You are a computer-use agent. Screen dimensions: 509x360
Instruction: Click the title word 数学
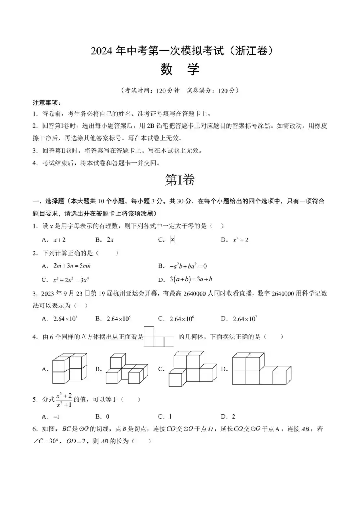click(x=180, y=69)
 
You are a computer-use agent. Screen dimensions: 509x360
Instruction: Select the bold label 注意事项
click(x=47, y=103)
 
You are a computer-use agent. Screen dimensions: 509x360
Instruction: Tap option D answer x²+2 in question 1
click(x=240, y=240)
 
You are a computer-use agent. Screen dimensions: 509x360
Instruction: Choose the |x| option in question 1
click(x=172, y=240)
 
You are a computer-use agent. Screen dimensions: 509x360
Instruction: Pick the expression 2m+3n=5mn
click(x=72, y=266)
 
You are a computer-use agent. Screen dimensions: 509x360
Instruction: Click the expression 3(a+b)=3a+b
click(x=191, y=279)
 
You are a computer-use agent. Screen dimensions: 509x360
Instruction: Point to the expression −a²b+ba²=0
click(x=188, y=266)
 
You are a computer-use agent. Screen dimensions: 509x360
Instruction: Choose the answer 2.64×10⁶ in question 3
click(x=182, y=319)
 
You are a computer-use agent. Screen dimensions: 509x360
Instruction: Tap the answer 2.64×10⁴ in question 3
click(x=65, y=319)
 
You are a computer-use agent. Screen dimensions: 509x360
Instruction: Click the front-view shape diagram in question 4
click(x=159, y=337)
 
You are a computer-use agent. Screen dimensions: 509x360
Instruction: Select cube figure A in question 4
click(x=69, y=368)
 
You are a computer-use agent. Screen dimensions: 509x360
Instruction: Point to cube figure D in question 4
click(x=261, y=369)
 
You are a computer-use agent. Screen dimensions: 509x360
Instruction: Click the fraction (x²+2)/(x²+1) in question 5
click(x=64, y=400)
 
